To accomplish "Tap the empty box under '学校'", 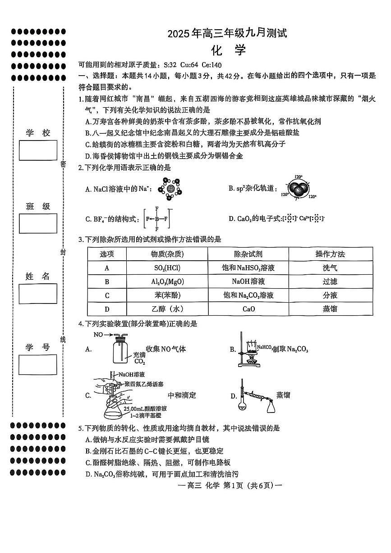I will coord(38,150).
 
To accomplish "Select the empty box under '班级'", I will coord(38,223).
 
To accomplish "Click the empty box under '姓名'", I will coord(38,294).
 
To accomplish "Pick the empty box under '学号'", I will coord(38,364).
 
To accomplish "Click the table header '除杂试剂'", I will coord(248,254).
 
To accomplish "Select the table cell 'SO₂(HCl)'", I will coord(167,268).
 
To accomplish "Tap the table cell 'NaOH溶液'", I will coord(248,281).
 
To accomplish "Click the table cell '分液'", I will coord(330,295).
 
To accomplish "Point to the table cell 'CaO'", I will coord(248,309).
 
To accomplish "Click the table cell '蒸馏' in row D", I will coord(330,309).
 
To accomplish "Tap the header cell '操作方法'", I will coord(330,254).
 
